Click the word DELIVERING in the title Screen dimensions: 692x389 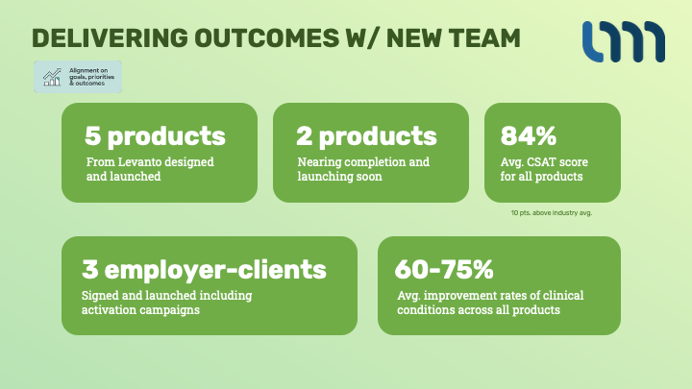point(110,37)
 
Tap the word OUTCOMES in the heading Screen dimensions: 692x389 point(267,37)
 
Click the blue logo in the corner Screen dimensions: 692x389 point(623,41)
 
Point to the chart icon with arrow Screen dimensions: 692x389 point(52,77)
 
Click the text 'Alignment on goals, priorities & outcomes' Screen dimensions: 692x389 point(91,77)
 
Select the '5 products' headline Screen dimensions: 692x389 point(155,136)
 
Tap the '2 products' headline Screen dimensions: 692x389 point(366,136)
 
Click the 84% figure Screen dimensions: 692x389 point(529,135)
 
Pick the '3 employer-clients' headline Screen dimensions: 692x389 point(204,270)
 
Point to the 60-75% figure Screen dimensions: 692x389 point(444,269)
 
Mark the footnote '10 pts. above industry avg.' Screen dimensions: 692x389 point(552,213)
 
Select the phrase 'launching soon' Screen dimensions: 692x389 point(339,177)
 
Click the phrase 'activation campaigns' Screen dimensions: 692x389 point(140,309)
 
